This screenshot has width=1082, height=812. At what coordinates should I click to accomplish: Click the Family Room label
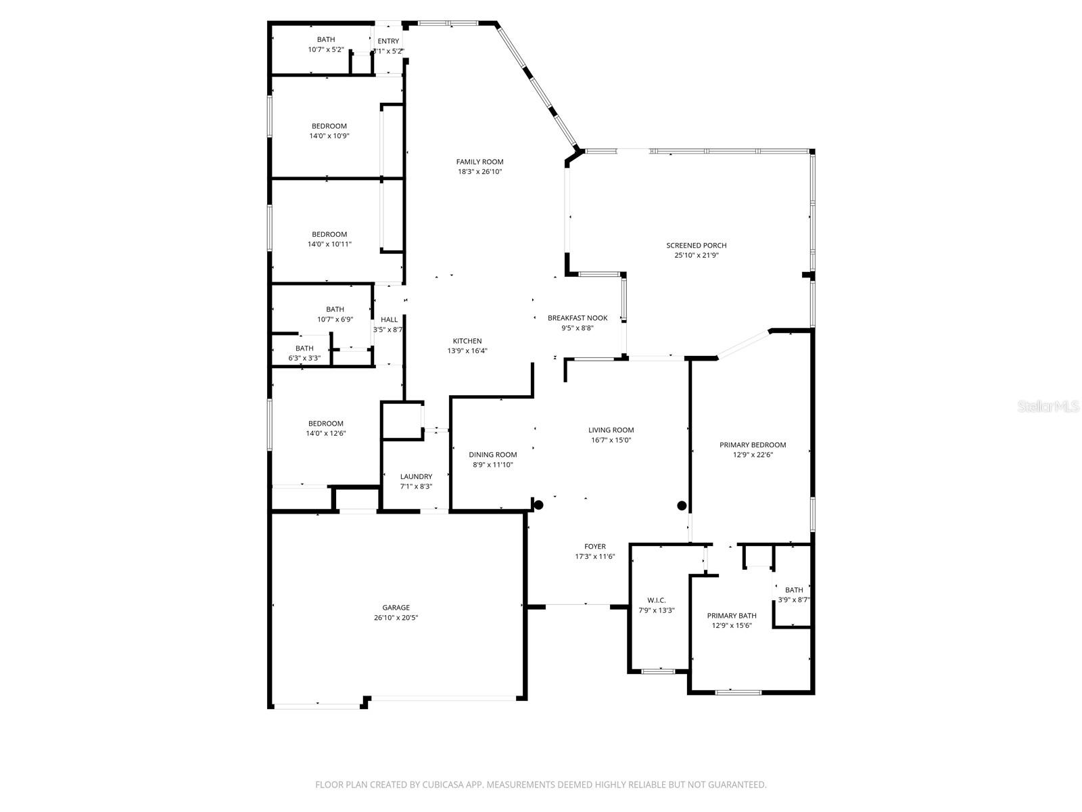[x=479, y=162]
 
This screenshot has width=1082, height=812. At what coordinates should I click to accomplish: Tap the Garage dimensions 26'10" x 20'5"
[x=396, y=618]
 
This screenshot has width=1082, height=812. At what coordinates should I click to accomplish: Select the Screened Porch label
[x=696, y=246]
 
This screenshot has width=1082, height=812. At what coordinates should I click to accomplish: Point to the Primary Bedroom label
[x=753, y=445]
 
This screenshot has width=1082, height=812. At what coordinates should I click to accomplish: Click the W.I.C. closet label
[x=656, y=600]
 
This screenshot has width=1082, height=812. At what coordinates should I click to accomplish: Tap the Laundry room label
[x=416, y=476]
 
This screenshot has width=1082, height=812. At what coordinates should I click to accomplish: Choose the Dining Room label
[x=492, y=455]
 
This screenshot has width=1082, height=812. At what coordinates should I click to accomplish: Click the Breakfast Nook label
[x=577, y=318]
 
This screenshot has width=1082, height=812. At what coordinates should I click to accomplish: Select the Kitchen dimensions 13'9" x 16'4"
[x=467, y=351]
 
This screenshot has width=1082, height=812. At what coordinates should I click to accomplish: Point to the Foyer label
[x=594, y=547]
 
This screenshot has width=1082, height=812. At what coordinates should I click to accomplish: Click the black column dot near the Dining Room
[x=538, y=505]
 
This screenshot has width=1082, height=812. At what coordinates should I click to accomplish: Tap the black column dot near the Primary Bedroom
[x=682, y=505]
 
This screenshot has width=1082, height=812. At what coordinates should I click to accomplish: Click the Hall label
[x=389, y=320]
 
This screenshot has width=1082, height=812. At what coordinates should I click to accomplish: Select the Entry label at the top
[x=388, y=41]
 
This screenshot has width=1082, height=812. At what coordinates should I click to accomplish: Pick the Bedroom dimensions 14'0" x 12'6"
[x=325, y=434]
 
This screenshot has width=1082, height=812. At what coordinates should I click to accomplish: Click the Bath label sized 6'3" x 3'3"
[x=304, y=348]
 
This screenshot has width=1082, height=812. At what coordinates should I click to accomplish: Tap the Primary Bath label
[x=731, y=616]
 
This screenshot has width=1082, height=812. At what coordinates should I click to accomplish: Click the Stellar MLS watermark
[x=1048, y=407]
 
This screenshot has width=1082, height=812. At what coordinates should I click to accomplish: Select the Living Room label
[x=611, y=430]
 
